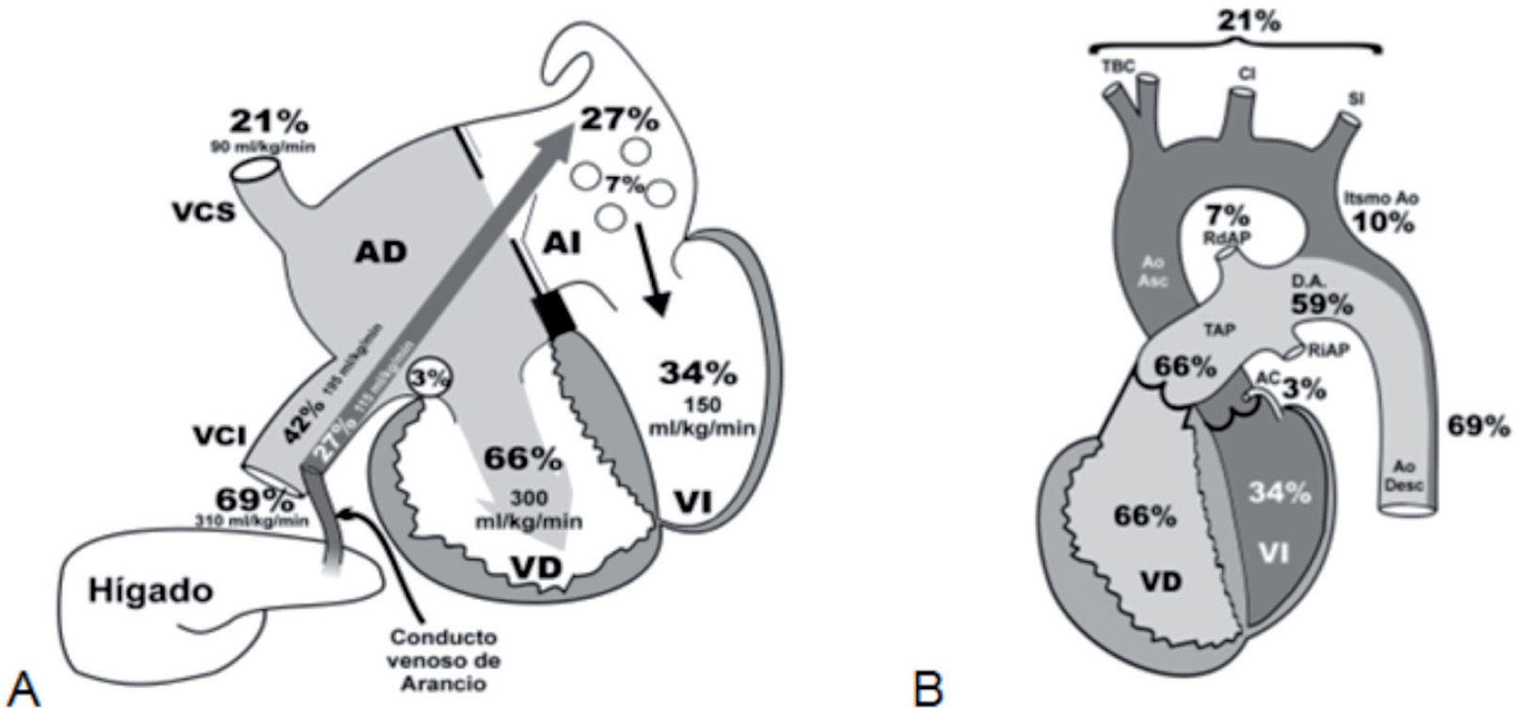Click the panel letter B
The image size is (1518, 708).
click(928, 683)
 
